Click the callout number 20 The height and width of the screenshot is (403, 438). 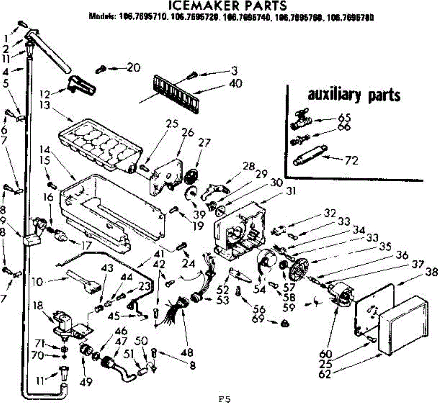pyautogui.click(x=134, y=67)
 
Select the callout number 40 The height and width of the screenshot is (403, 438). pyautogui.click(x=236, y=83)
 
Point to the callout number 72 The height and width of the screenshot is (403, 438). pyautogui.click(x=351, y=160)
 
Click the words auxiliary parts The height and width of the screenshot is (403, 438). pyautogui.click(x=354, y=95)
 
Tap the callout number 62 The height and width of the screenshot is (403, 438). pyautogui.click(x=325, y=373)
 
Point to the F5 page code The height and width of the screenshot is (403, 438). pyautogui.click(x=224, y=399)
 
